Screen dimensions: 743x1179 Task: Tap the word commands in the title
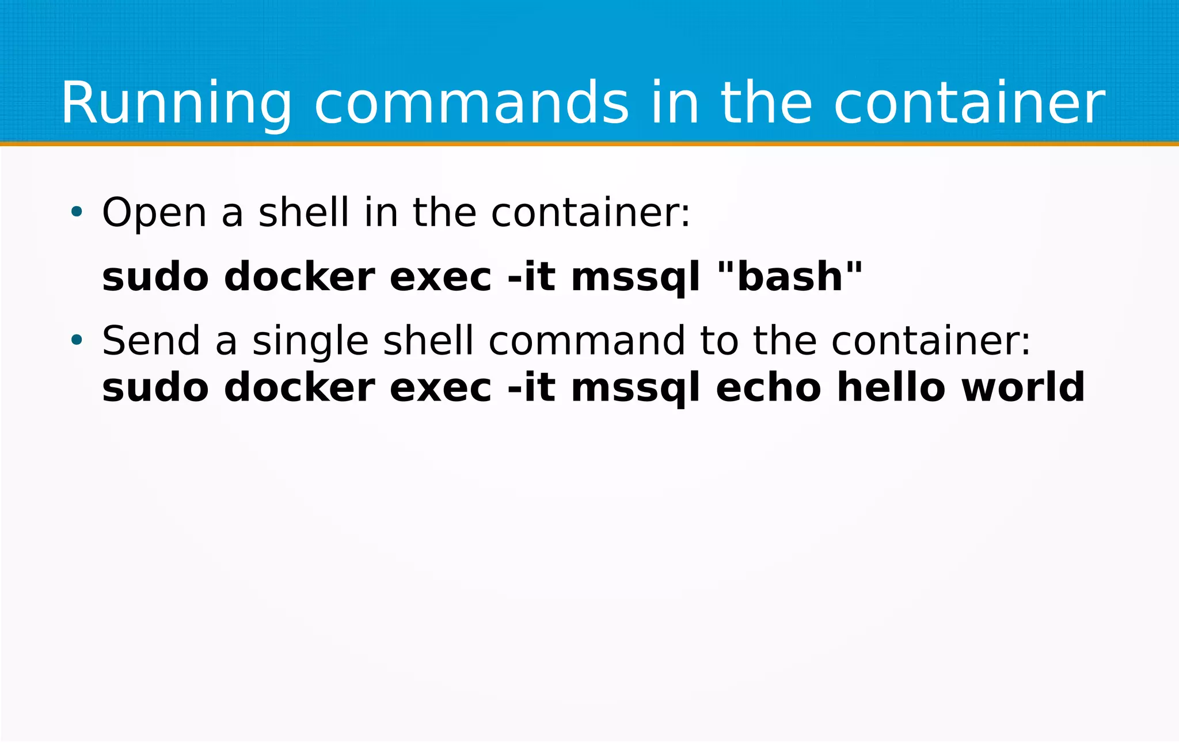click(471, 104)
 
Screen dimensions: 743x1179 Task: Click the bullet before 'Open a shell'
click(77, 212)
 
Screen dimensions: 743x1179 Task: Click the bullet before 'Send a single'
click(77, 340)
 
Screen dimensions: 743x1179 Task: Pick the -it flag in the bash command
click(531, 277)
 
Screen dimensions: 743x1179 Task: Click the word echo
click(769, 387)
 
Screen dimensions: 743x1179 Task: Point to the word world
click(1023, 387)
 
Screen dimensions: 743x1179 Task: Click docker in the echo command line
click(299, 387)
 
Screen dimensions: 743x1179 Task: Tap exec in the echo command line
click(440, 387)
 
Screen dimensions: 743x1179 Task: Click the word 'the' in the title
click(766, 104)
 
